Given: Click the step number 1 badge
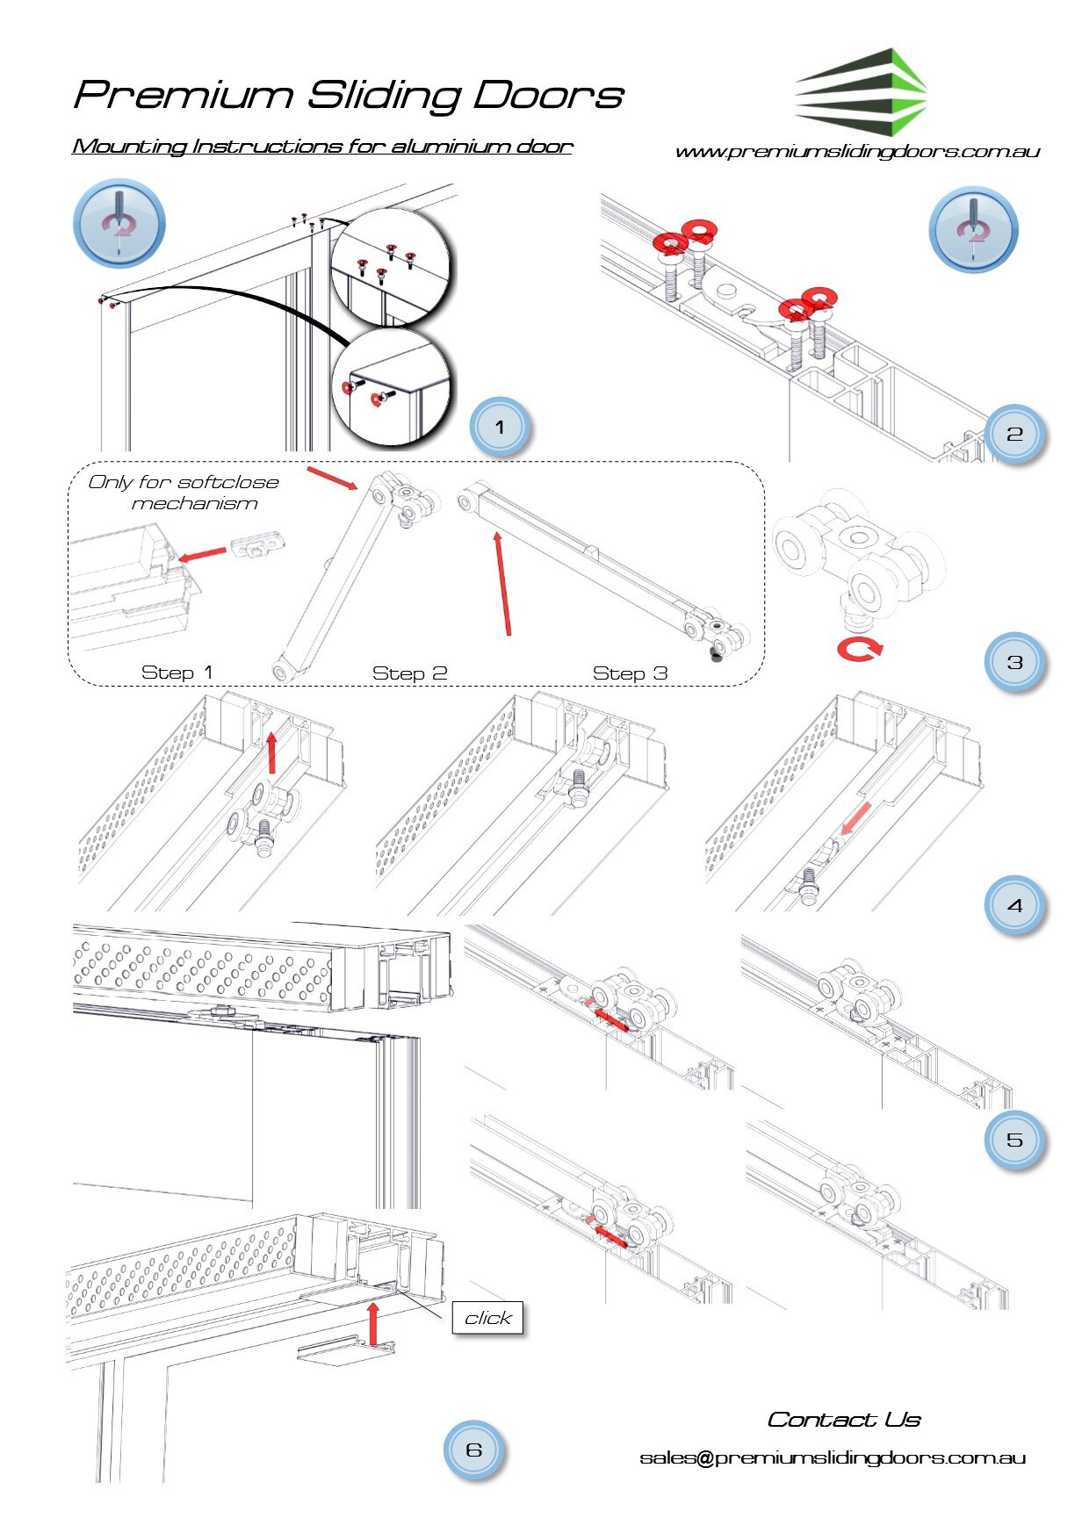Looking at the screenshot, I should (x=500, y=428).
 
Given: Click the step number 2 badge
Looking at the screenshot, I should (x=1014, y=434).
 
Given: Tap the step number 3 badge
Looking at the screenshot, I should (x=1014, y=662).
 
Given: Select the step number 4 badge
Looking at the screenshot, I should (x=1014, y=905).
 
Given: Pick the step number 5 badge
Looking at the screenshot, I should (x=1014, y=1140).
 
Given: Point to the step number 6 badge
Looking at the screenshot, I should (x=473, y=1450).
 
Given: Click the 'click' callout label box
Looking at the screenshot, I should (x=487, y=1318).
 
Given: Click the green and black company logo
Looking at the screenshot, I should (x=861, y=92).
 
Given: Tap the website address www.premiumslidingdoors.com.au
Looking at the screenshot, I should (x=857, y=152).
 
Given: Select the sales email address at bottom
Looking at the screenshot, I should (x=833, y=1458).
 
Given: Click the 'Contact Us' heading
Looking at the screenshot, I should (x=844, y=1420).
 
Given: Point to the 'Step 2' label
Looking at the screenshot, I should (x=409, y=673).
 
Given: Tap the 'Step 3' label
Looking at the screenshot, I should (x=630, y=673).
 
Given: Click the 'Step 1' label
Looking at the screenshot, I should (x=177, y=673).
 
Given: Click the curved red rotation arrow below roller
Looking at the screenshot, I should (x=859, y=650).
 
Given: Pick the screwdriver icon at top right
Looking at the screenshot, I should (x=973, y=228).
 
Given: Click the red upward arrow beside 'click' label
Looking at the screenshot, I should (x=373, y=1323).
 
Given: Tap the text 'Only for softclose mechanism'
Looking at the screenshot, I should (x=184, y=493).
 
